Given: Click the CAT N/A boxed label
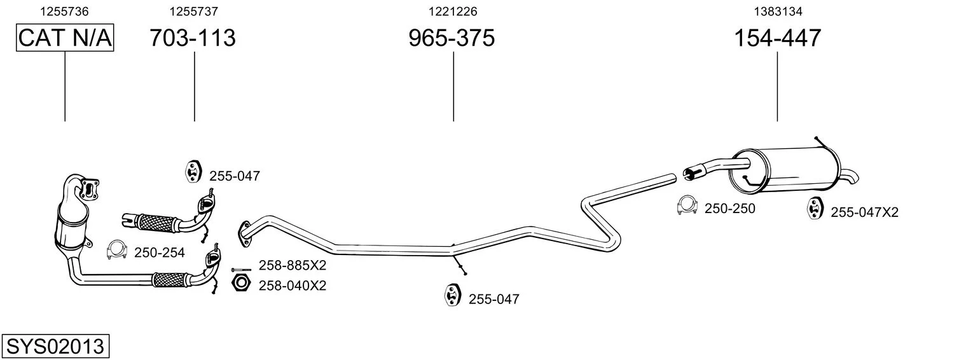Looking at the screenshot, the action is point(65,38).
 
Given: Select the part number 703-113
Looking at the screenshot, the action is point(193,38).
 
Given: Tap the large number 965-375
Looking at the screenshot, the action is point(452,38).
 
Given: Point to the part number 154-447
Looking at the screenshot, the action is point(778,38).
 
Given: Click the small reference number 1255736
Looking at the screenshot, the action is point(64,11).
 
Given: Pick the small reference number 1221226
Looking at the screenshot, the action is point(453,11).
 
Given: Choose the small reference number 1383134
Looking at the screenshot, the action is point(778,11).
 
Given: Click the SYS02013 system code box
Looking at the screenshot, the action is point(55,346).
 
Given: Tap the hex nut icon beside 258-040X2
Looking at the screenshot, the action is point(241,282).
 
